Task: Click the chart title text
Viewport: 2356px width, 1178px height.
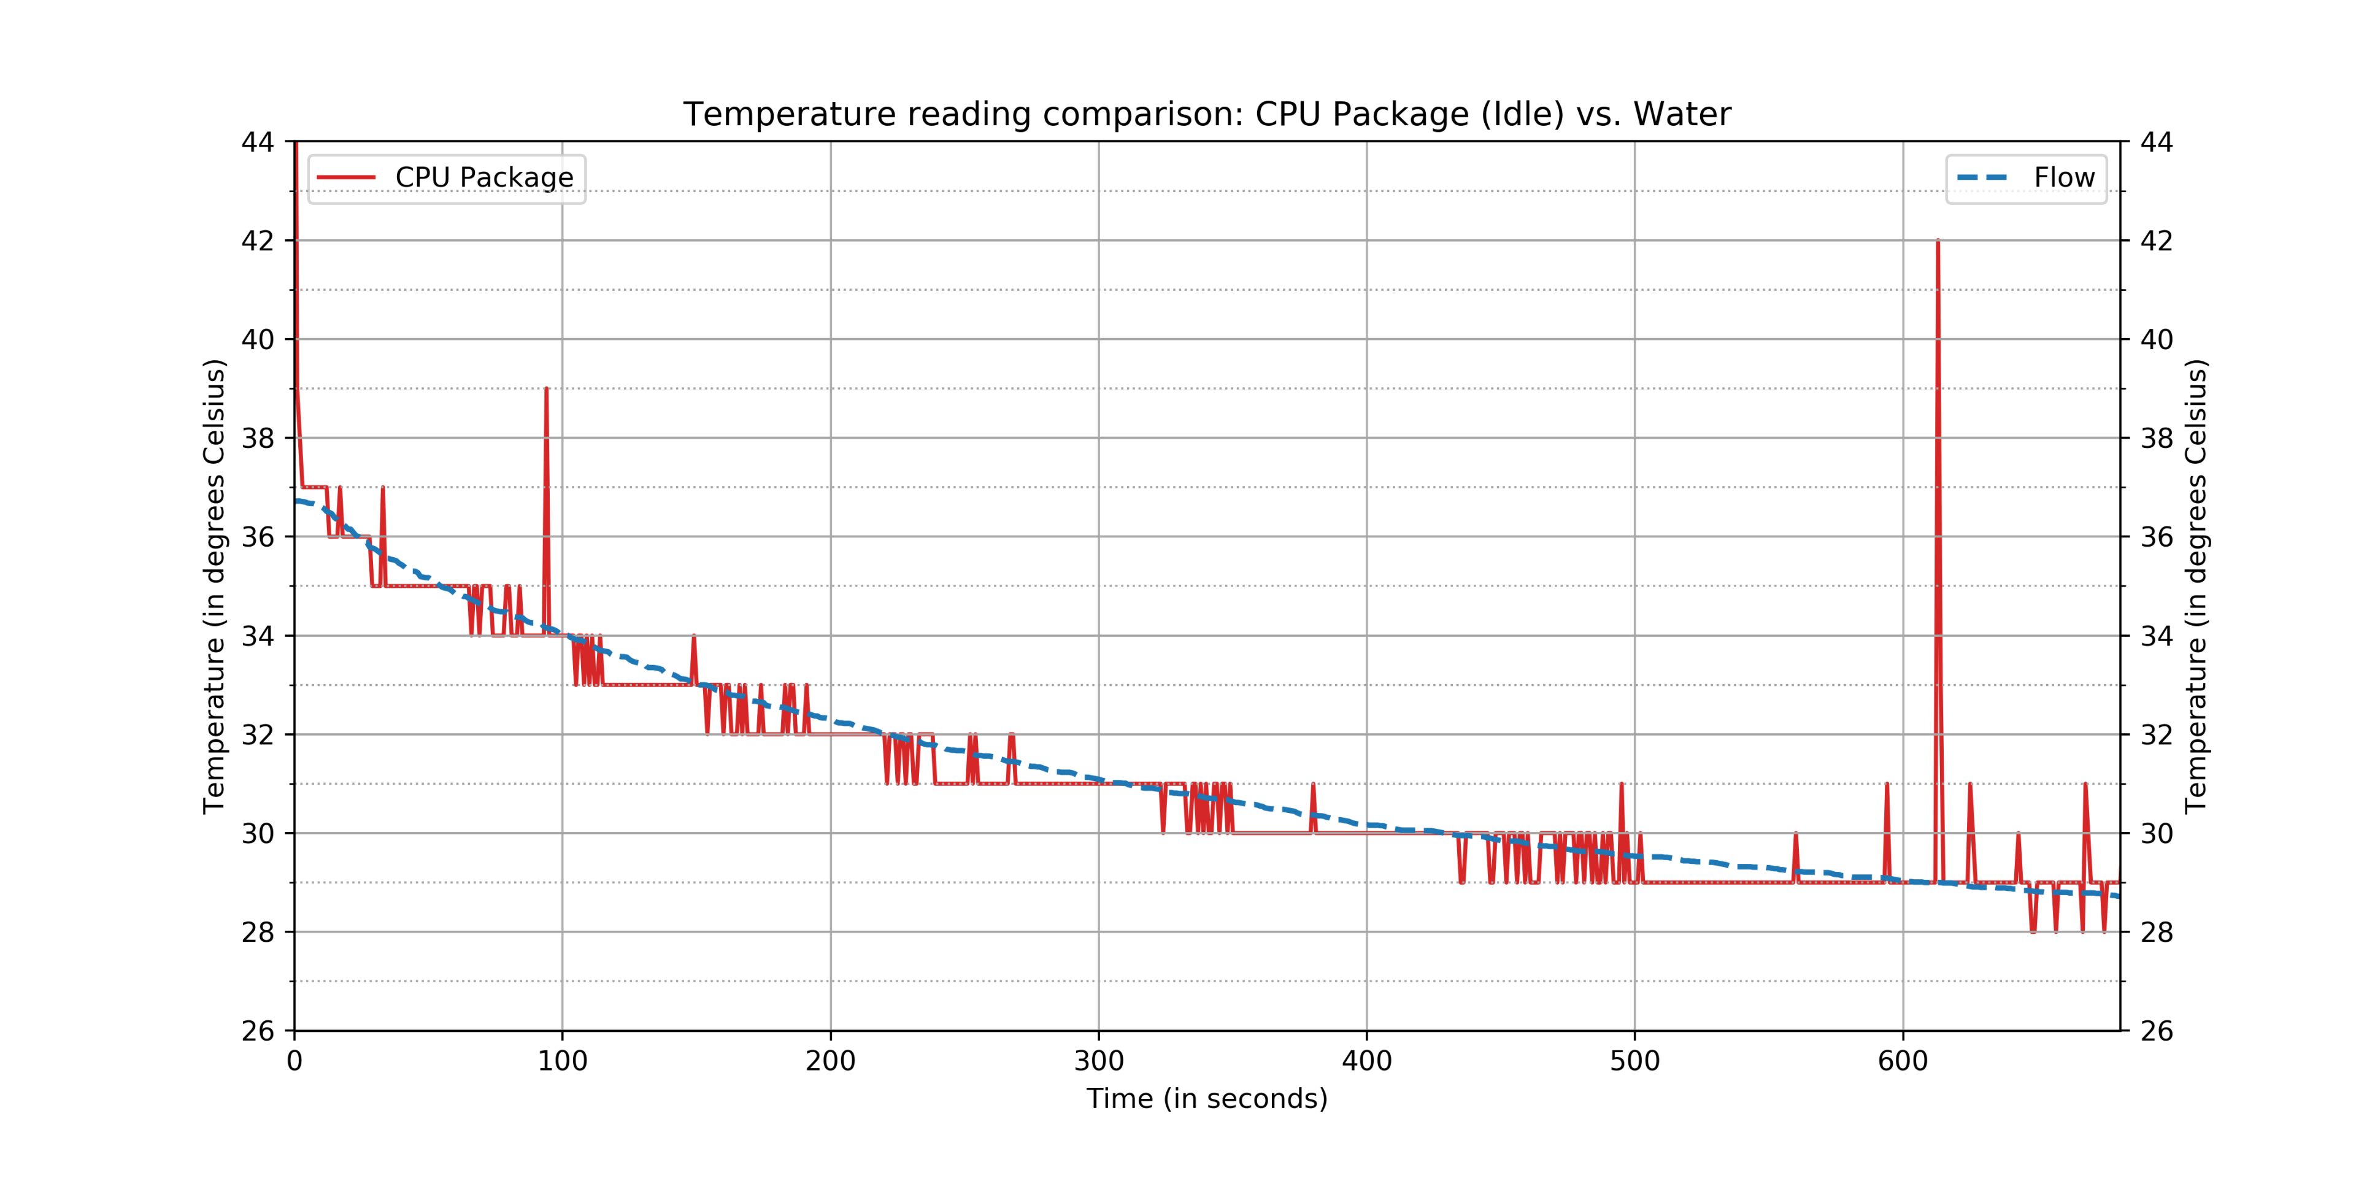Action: (1206, 114)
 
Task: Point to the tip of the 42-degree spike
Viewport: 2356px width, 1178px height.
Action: (1937, 242)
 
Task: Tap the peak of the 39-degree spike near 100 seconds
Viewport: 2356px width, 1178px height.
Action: (546, 390)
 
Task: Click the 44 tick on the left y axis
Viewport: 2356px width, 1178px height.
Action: (257, 142)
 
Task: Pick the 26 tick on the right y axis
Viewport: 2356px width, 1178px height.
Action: (2156, 1031)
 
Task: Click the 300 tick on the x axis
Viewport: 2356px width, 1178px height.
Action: (1098, 1061)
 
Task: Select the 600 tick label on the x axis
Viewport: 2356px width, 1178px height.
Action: (1903, 1061)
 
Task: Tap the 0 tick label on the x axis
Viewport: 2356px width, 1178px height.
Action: (294, 1061)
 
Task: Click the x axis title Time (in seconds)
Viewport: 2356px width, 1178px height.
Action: (1206, 1098)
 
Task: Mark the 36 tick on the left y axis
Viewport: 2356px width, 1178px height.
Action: (257, 537)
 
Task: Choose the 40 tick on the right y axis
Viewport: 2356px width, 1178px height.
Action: (2156, 339)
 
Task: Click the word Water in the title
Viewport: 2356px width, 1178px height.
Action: (1681, 114)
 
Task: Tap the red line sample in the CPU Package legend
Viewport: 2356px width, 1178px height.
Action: (345, 177)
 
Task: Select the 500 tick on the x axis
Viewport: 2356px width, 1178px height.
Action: (1634, 1061)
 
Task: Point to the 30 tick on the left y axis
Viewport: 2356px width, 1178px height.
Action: (257, 833)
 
